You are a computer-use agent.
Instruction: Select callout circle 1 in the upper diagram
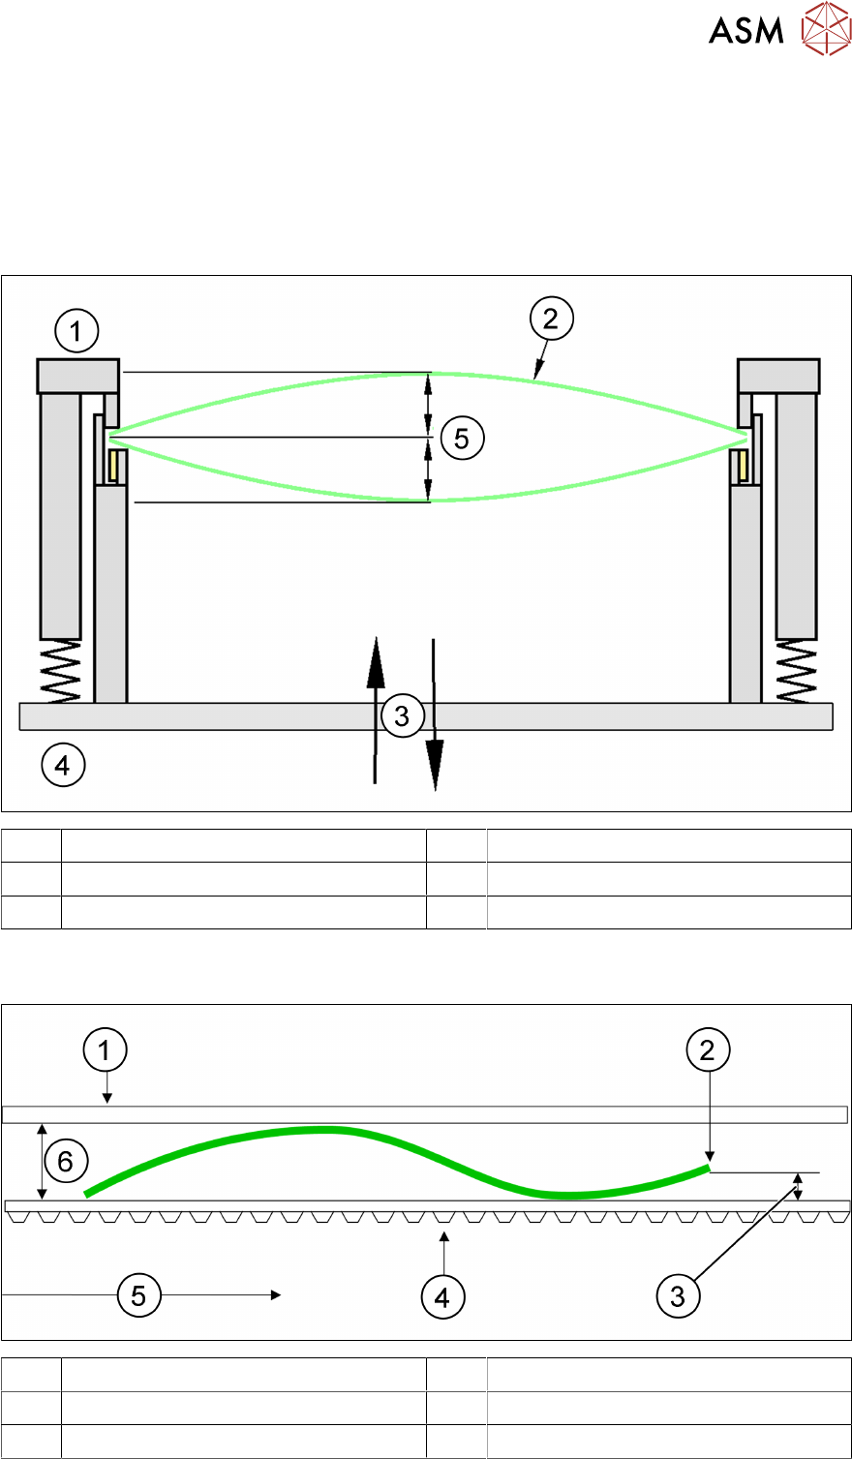[76, 333]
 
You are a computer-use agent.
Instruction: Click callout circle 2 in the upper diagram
[551, 320]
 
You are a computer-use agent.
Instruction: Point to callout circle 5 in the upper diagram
[462, 439]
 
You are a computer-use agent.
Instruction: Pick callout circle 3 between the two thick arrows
[403, 716]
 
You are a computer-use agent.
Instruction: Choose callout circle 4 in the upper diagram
[63, 766]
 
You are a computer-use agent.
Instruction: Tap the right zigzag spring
[797, 671]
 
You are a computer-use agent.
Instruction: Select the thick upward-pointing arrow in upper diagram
[376, 707]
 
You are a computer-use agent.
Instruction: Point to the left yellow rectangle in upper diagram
[113, 466]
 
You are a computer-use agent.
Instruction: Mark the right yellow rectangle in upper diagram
[743, 466]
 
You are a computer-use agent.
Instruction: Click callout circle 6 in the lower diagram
[66, 1161]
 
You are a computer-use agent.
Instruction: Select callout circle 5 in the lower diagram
[138, 1294]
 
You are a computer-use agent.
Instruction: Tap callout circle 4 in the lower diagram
[442, 1296]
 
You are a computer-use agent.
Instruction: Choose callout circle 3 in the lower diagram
[678, 1296]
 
